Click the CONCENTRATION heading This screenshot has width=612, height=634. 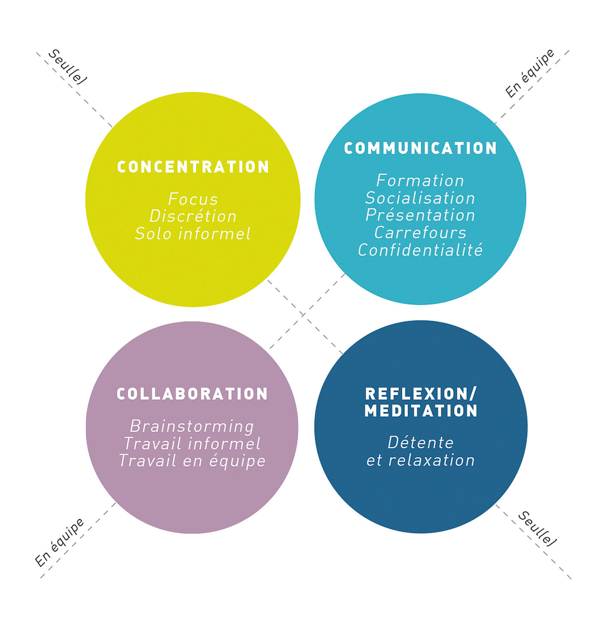point(193,167)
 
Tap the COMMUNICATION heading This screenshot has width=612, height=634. point(420,148)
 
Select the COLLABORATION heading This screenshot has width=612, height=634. point(192,393)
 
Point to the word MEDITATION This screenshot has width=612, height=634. point(421,411)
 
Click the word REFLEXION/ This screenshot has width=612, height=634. point(421,394)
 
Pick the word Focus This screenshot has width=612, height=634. point(193,199)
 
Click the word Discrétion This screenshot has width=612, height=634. point(193,216)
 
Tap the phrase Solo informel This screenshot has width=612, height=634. point(193,233)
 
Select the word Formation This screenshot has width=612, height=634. point(420,180)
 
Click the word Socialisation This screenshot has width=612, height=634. point(420,198)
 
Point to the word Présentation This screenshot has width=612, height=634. point(420,215)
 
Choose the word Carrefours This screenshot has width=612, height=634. point(420,232)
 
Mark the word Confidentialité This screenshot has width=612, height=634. point(420,249)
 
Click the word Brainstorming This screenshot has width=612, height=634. point(192,427)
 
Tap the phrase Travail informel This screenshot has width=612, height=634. point(192,443)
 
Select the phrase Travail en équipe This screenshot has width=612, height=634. point(192,460)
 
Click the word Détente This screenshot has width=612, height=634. point(420,443)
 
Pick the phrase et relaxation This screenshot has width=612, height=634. point(420,460)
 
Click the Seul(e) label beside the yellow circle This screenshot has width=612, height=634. point(67,67)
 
